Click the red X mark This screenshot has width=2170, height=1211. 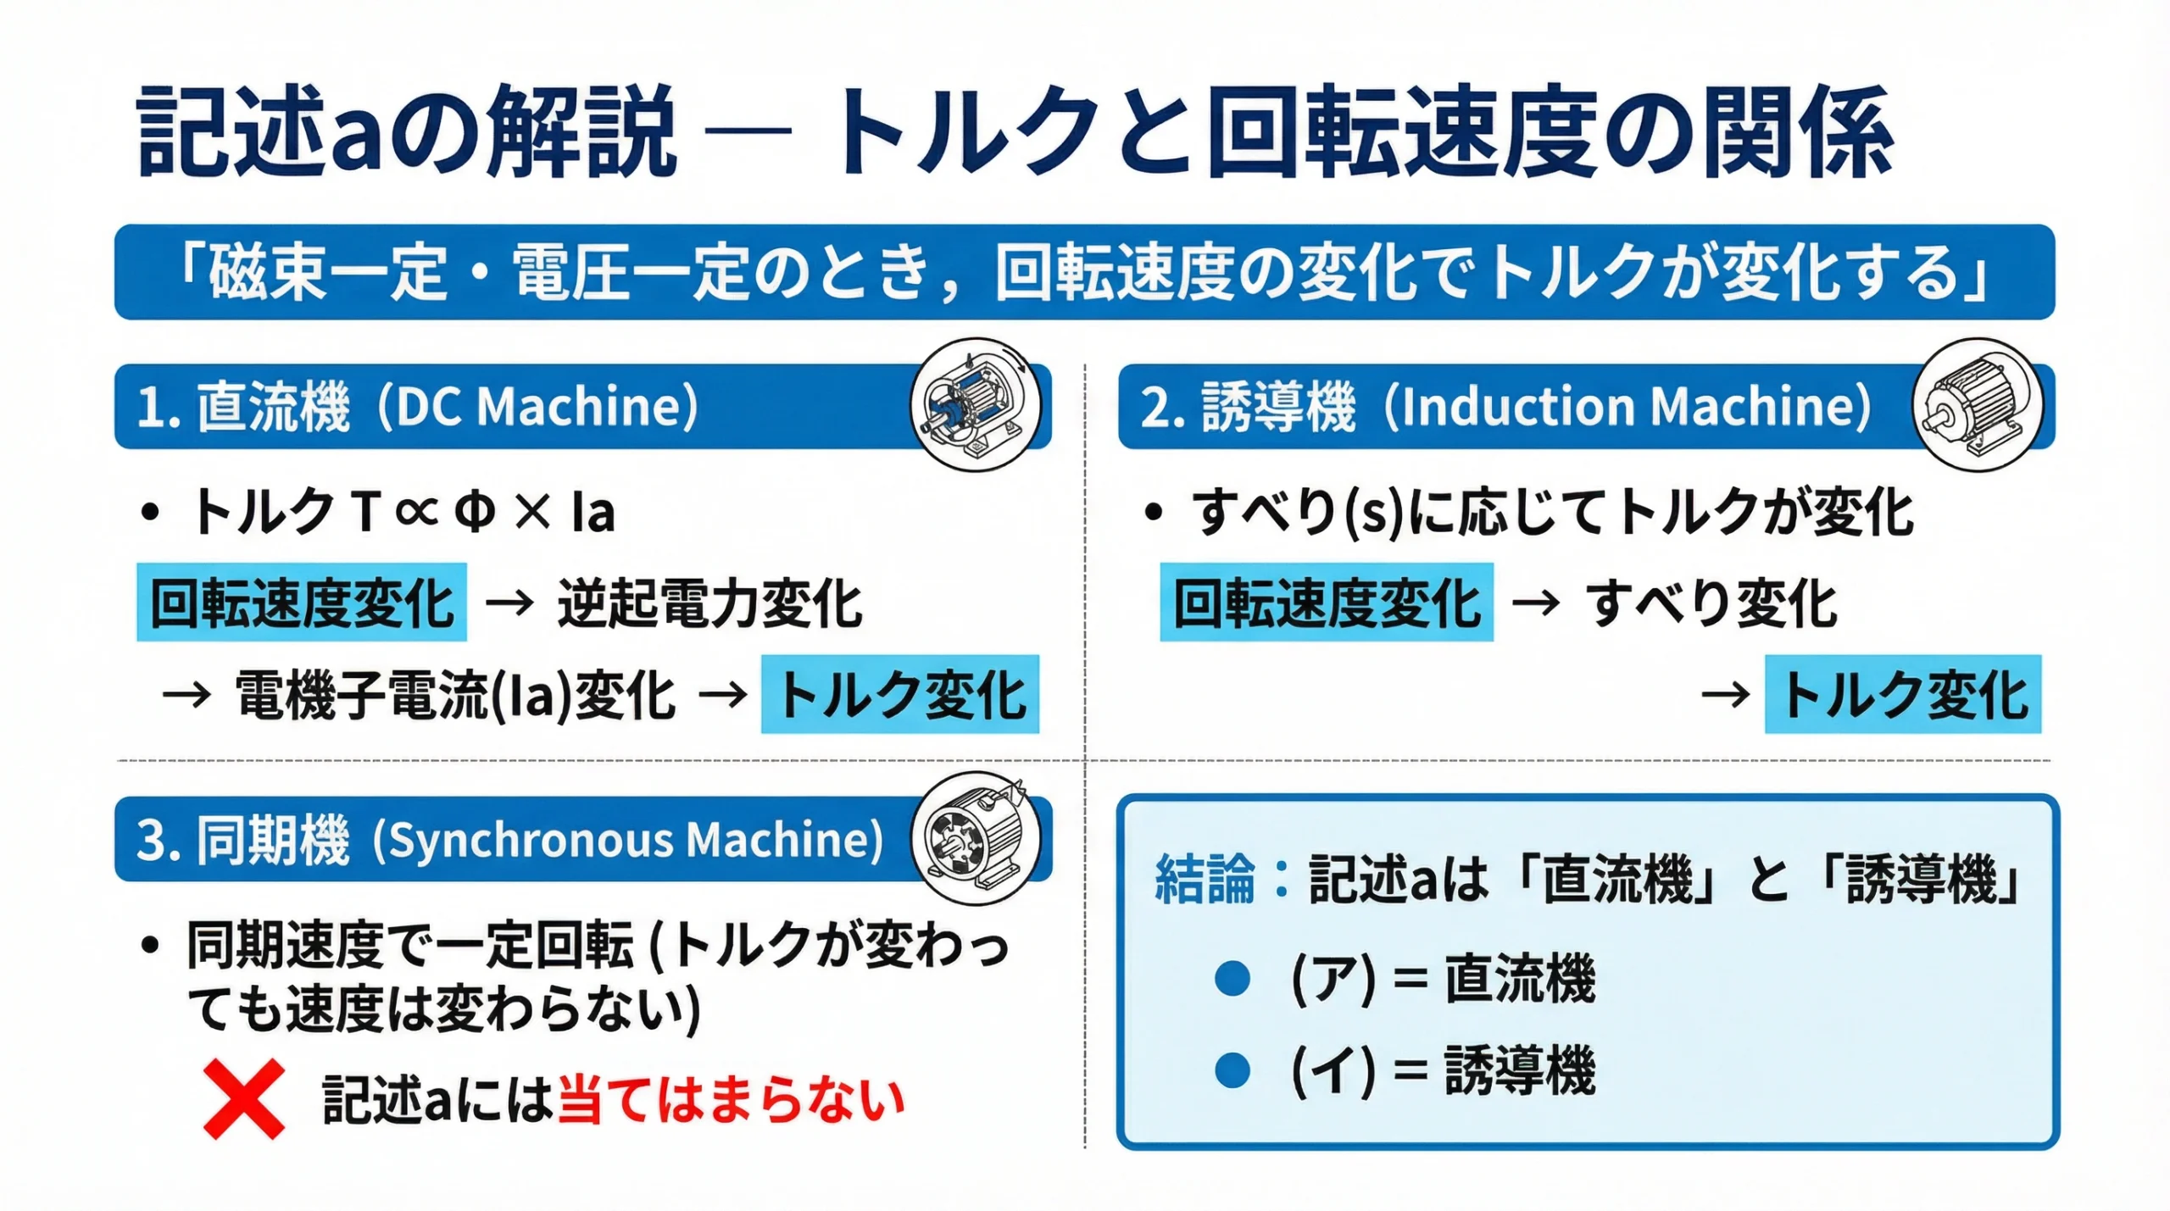click(244, 1098)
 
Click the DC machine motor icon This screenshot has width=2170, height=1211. click(976, 406)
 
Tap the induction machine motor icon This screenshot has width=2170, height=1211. click(1977, 406)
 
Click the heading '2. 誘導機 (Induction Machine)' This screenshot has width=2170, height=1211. click(1505, 407)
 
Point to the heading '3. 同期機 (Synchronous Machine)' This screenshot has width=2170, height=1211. click(509, 840)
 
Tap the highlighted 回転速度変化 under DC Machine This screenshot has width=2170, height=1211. click(302, 603)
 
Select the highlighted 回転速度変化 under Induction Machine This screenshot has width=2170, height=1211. click(1327, 603)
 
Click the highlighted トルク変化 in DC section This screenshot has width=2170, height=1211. click(900, 694)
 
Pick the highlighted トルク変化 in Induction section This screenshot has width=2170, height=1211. click(1903, 694)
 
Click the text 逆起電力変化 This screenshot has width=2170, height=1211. click(709, 603)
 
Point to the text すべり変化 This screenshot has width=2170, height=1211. click(1711, 603)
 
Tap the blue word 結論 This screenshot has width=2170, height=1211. click(1205, 879)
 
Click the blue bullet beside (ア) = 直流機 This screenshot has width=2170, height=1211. click(1232, 978)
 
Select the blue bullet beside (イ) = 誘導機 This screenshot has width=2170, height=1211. click(1232, 1069)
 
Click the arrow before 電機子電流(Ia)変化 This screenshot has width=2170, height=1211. click(186, 695)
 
